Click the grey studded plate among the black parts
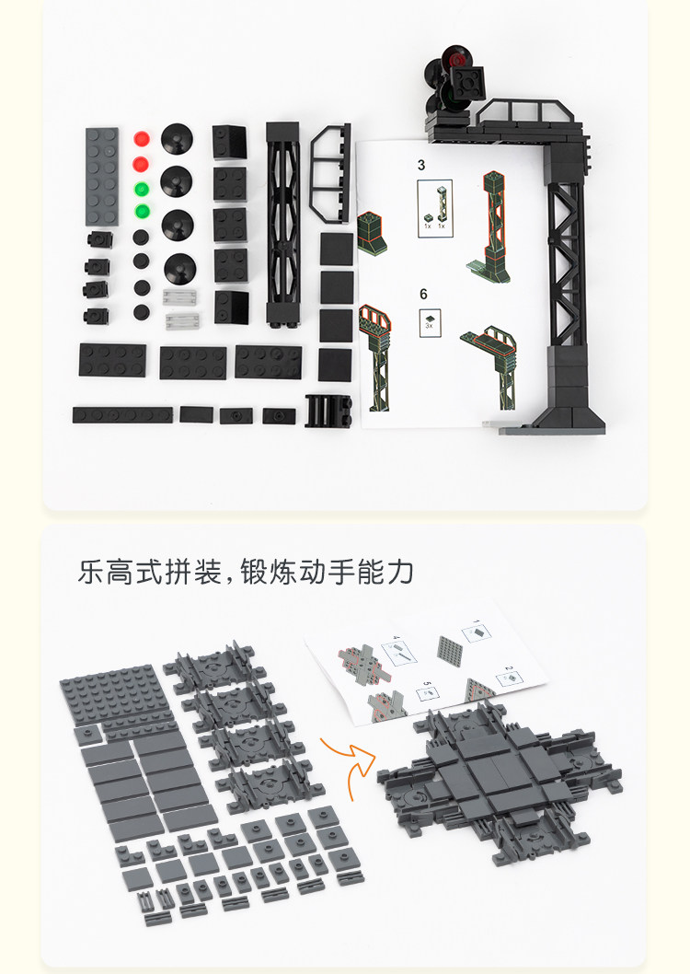[x=102, y=175]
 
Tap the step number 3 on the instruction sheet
[x=421, y=166]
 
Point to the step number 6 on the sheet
[x=423, y=295]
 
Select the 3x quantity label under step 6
[x=429, y=326]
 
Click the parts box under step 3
[x=433, y=209]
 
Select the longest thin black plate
[x=122, y=414]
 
